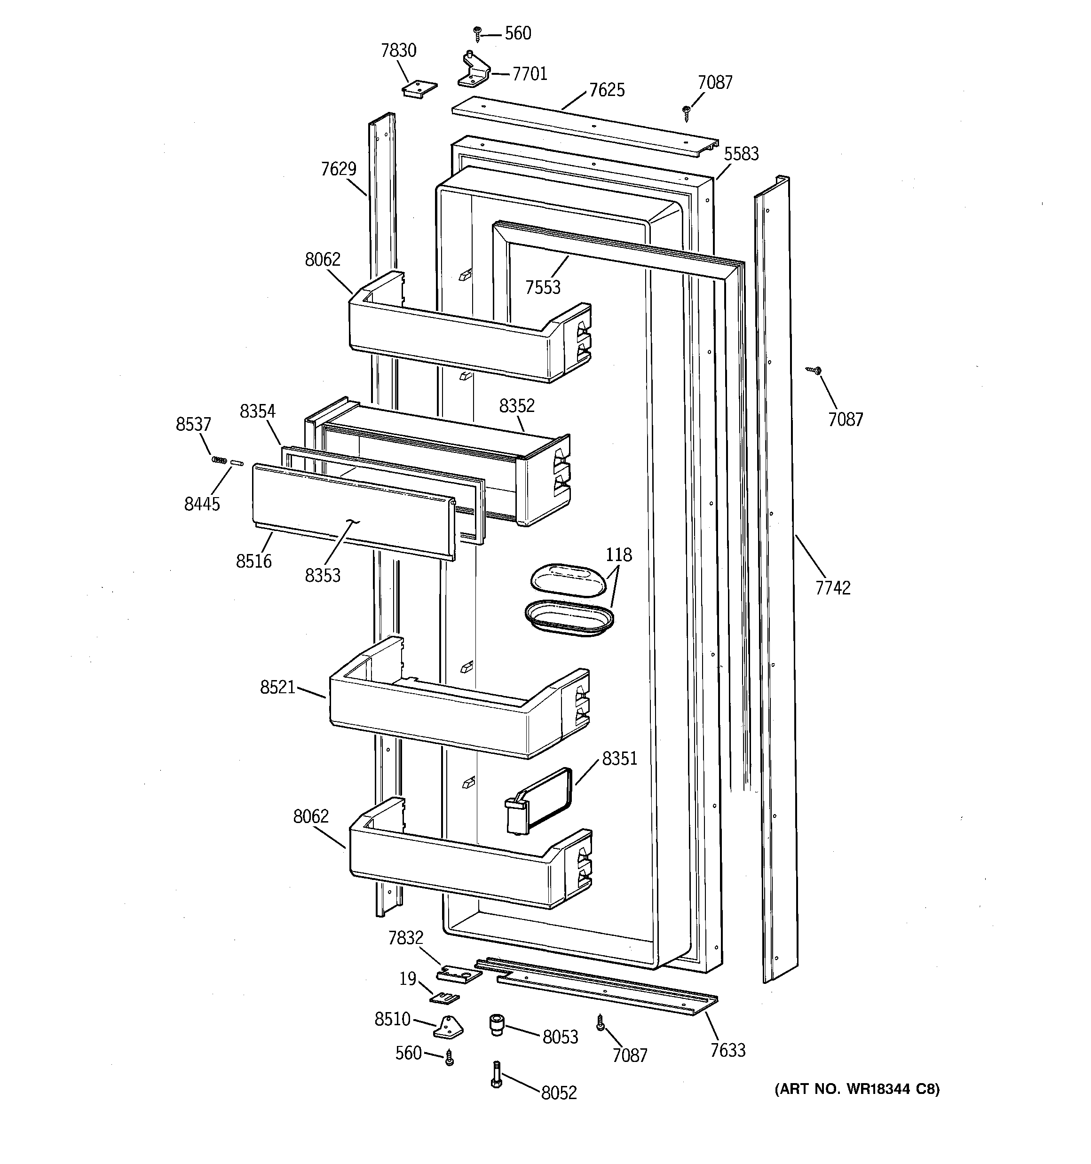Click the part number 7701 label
pos(530,74)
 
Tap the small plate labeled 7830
pos(419,88)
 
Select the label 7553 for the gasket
pos(542,287)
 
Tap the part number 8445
pos(202,504)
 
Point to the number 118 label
pos(618,554)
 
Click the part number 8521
pos(277,687)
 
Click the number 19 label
pos(408,978)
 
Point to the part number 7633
pos(727,1050)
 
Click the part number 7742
pos(832,587)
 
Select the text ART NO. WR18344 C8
pos(857,1089)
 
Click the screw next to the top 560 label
pos(477,33)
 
